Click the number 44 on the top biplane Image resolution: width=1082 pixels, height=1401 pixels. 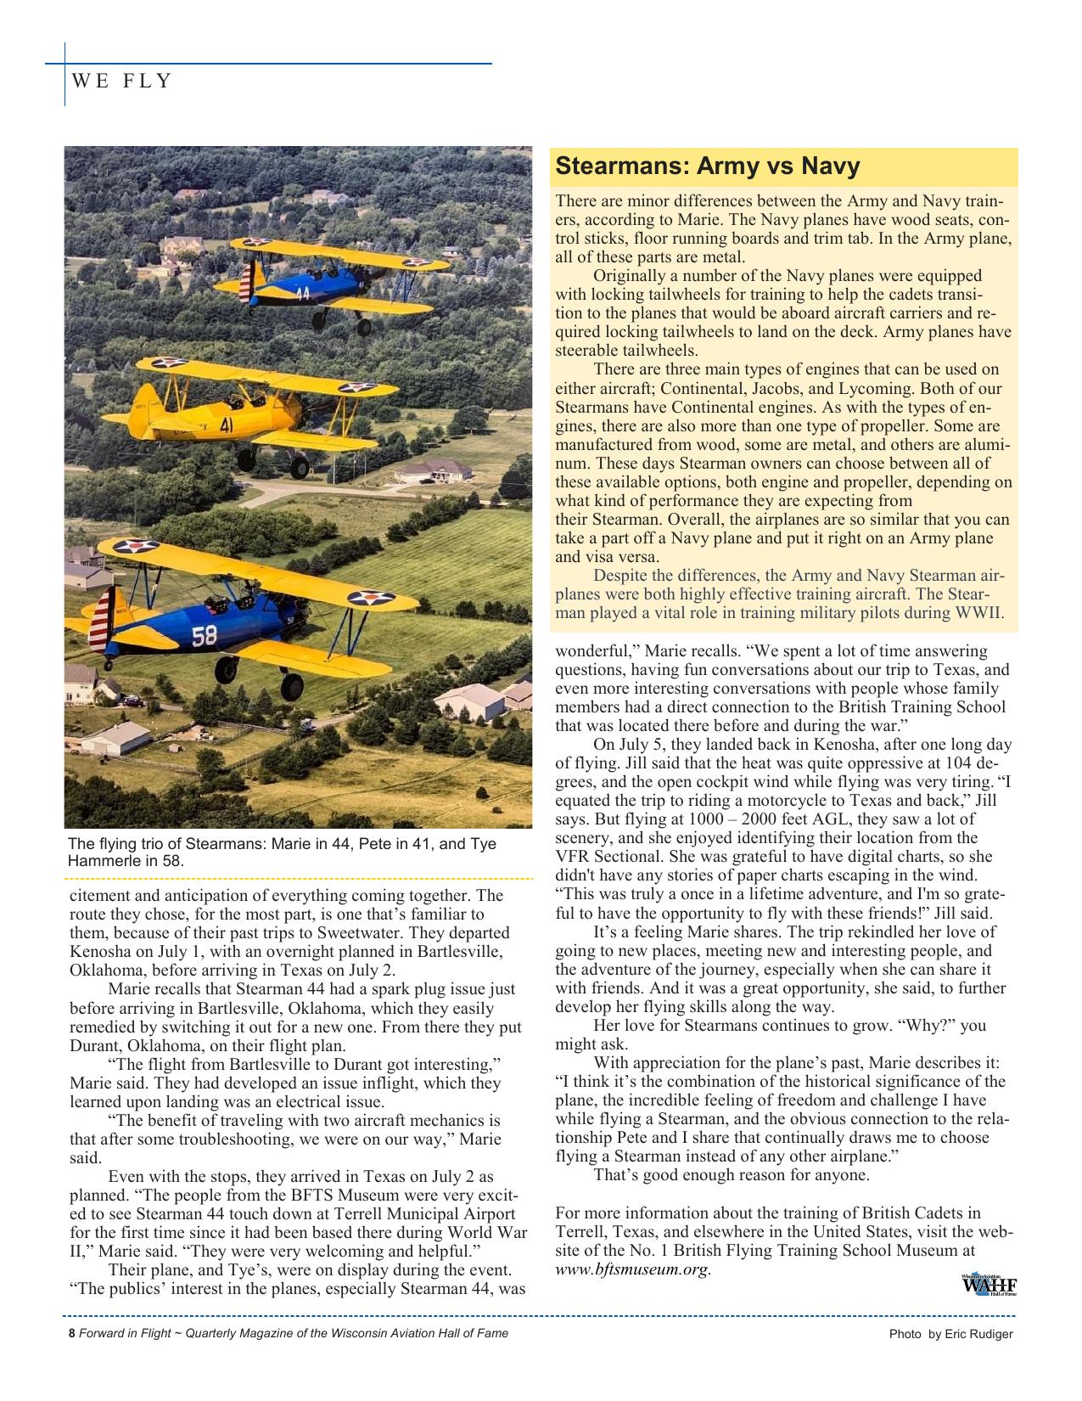coord(303,294)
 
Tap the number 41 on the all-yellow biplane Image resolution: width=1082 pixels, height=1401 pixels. coord(227,425)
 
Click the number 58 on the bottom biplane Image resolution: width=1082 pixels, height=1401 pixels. coord(205,636)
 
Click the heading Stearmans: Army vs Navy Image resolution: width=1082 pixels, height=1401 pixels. coord(707,166)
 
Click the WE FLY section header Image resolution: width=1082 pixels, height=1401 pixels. coord(122,82)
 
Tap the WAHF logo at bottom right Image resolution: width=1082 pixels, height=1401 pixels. coord(989,1285)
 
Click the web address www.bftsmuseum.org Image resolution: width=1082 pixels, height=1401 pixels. coord(632,1269)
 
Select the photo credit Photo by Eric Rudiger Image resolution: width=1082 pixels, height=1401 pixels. coord(950,1334)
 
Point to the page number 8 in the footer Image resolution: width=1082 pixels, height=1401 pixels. coord(72,1333)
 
